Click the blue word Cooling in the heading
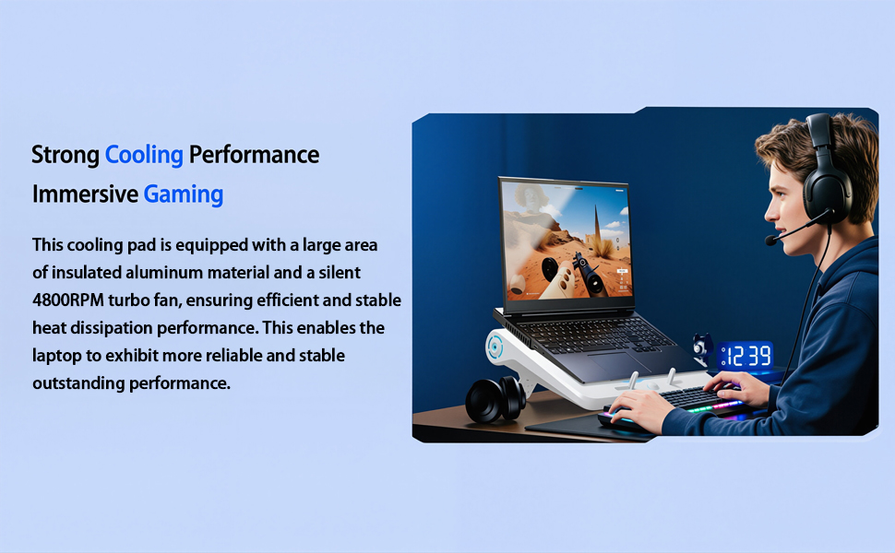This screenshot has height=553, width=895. (144, 155)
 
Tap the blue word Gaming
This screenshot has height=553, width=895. (184, 194)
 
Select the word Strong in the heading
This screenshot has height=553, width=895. (66, 155)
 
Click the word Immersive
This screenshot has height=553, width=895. (85, 194)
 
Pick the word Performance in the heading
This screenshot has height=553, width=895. (254, 155)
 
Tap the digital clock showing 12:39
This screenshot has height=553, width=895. (746, 355)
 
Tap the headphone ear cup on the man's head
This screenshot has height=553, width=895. (827, 191)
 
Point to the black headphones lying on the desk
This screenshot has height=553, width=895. (495, 400)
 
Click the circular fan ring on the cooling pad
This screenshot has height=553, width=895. (495, 346)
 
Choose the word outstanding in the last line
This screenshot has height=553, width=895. (78, 383)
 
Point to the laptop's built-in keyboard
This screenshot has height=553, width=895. (593, 335)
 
